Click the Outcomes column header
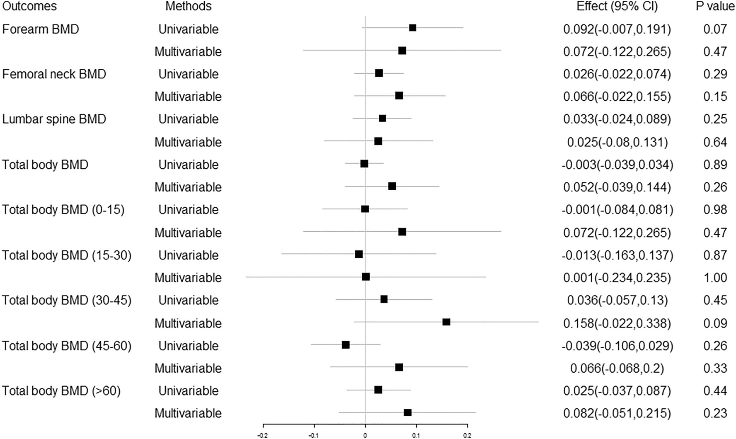(x=29, y=6)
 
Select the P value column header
(x=715, y=6)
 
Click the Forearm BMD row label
(x=41, y=29)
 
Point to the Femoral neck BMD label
(x=54, y=74)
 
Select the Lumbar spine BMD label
(x=54, y=119)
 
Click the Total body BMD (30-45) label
(x=67, y=300)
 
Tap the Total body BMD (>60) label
(x=61, y=391)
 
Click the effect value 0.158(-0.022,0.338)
(x=617, y=323)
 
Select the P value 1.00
(x=715, y=277)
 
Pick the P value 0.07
(x=715, y=29)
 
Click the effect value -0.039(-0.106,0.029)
(x=617, y=346)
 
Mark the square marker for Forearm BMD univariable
(x=412, y=28)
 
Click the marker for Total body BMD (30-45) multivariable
(x=446, y=322)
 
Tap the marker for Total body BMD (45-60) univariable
(x=346, y=345)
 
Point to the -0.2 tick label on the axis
(x=262, y=435)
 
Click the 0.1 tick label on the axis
(x=416, y=435)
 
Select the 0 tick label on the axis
(x=365, y=435)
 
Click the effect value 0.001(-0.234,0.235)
(x=617, y=277)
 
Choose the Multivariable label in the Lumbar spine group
(x=188, y=142)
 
